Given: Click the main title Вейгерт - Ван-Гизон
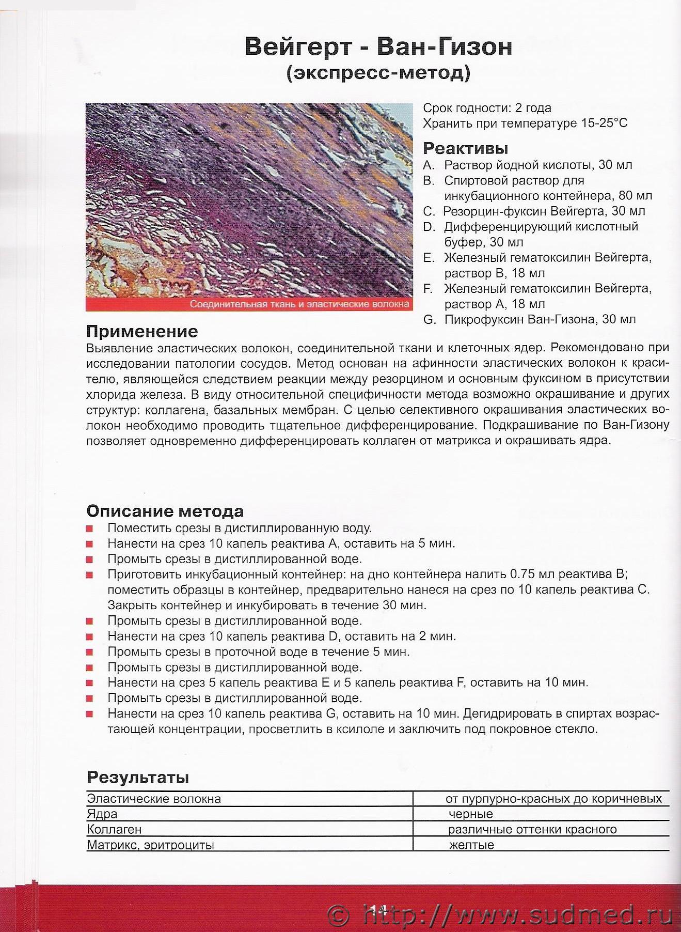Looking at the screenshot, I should (x=378, y=46).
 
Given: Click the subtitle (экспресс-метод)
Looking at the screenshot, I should (x=378, y=72).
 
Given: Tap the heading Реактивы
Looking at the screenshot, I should (x=465, y=148).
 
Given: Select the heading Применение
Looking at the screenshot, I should (x=142, y=331).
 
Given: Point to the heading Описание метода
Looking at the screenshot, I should (x=165, y=511).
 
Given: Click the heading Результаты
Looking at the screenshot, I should (x=137, y=777).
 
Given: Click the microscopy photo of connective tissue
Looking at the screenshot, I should (x=249, y=199).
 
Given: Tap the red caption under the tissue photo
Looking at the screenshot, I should (x=299, y=304).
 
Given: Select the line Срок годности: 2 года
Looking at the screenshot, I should (x=487, y=108).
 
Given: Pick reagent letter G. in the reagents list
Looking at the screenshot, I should (x=429, y=320).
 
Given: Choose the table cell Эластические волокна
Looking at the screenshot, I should (x=154, y=799).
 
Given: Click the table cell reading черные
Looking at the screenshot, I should (x=471, y=814).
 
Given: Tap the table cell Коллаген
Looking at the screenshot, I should (x=114, y=830).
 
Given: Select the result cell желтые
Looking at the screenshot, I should (x=471, y=845).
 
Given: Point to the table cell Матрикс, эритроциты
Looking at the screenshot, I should (x=150, y=845).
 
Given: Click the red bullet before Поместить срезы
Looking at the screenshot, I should (x=90, y=529).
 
